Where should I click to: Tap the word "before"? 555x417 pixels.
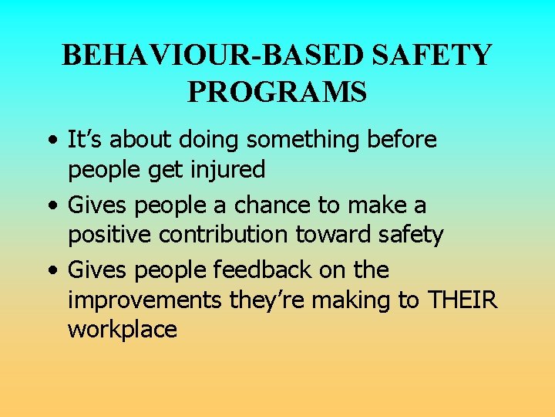402,140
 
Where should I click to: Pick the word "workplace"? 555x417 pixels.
123,331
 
